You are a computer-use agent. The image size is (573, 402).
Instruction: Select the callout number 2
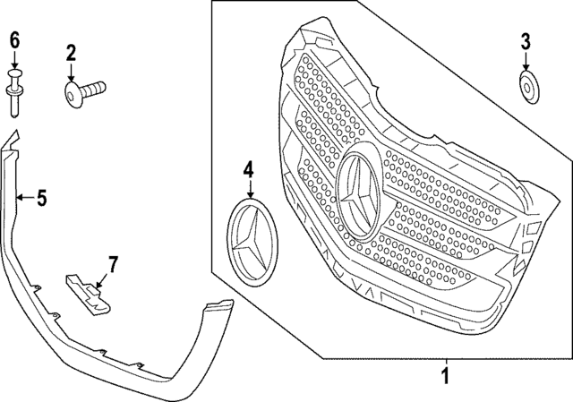[x=71, y=54]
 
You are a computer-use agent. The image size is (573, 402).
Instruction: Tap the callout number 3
[x=526, y=39]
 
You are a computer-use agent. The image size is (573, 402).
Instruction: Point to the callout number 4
[x=249, y=167]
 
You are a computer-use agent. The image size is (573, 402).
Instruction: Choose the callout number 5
[x=41, y=198]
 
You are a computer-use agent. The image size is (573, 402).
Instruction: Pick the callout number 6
[x=14, y=39]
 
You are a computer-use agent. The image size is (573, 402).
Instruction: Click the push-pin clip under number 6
[x=15, y=93]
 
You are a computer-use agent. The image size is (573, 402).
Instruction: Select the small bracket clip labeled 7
[x=90, y=294]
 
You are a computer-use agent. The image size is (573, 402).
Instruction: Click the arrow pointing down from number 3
[x=526, y=62]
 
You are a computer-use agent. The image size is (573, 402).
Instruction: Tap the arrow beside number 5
[x=24, y=198]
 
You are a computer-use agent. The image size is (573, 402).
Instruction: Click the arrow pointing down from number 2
[x=71, y=73]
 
